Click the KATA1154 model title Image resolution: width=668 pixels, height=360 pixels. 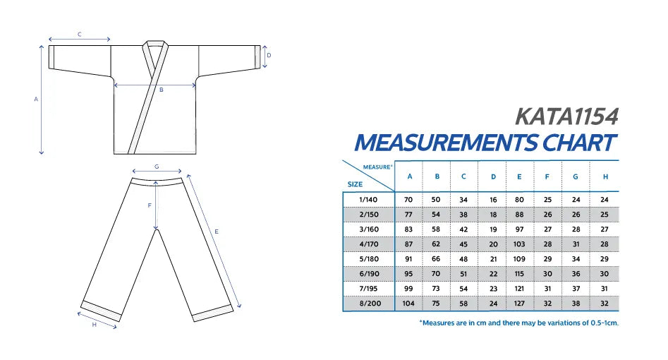[566, 116]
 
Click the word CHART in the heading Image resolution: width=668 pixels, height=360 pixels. [579, 143]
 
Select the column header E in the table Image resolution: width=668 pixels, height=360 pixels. [519, 176]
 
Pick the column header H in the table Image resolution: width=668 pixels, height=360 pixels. [605, 176]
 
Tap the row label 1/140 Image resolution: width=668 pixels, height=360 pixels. [368, 199]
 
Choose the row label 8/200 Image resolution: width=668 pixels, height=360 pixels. [370, 304]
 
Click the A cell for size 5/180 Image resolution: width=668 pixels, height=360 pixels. [408, 259]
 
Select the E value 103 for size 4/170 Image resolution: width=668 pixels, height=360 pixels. [519, 244]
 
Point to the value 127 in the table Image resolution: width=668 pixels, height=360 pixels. [519, 304]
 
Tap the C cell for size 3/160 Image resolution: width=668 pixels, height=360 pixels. [463, 229]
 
